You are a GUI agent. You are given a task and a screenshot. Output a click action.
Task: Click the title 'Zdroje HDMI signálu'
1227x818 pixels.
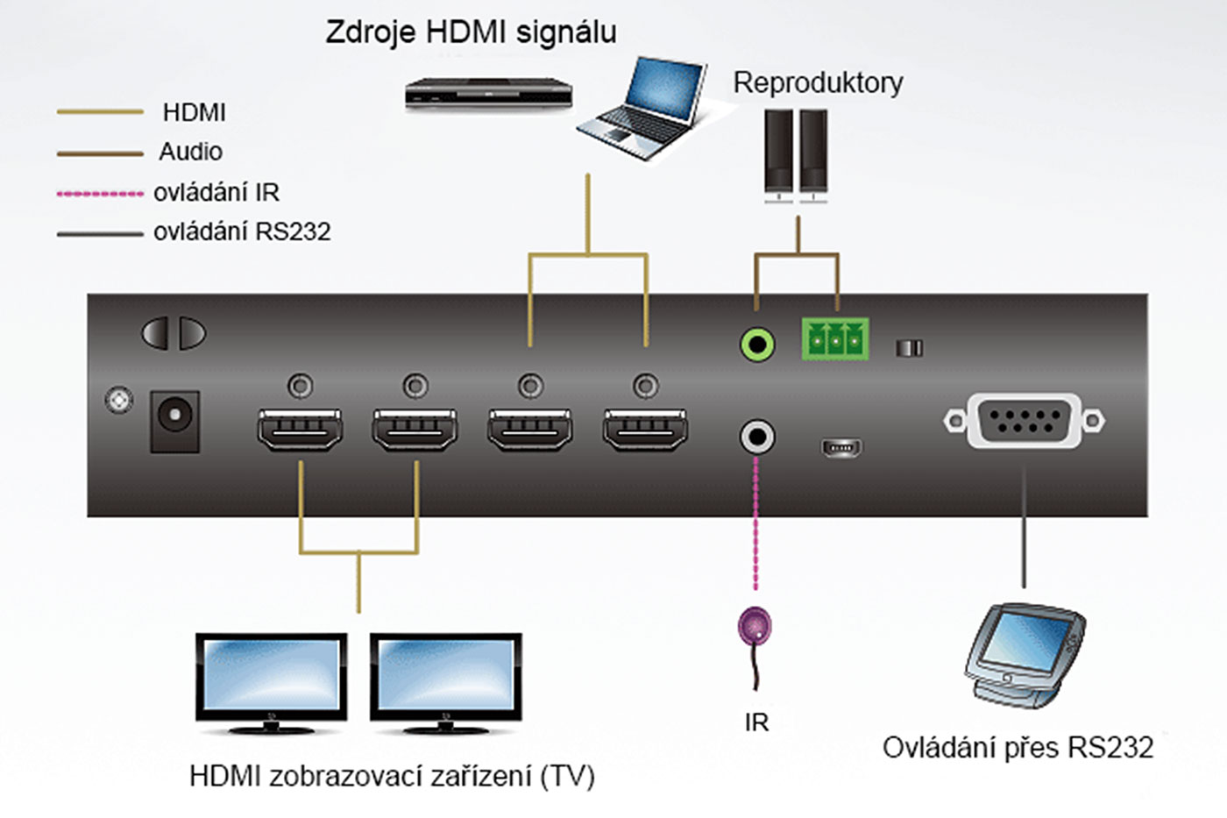[x=471, y=32]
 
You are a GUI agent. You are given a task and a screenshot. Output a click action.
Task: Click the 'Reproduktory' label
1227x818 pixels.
[x=818, y=82]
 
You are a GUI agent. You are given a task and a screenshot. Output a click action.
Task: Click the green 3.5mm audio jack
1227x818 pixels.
[x=757, y=344]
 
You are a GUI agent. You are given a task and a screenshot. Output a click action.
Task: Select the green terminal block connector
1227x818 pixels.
[x=834, y=338]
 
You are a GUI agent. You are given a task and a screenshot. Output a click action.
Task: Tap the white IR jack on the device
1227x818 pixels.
[x=757, y=437]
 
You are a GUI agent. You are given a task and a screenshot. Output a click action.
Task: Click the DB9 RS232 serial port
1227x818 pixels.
[x=1024, y=421]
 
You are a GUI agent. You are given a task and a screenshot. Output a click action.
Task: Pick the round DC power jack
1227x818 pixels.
[x=175, y=418]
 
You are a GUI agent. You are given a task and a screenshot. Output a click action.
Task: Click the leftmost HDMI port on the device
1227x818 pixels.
[x=300, y=429]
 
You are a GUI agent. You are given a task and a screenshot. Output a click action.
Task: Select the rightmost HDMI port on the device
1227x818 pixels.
[x=645, y=429]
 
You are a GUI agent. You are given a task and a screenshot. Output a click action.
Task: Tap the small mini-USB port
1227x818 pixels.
[x=841, y=448]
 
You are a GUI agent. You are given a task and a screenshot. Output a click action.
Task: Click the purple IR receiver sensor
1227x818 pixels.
[x=755, y=627]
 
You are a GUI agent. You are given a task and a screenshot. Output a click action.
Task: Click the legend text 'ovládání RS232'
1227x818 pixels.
[x=242, y=232]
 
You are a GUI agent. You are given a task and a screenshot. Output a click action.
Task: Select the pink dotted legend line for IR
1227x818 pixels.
[x=100, y=194]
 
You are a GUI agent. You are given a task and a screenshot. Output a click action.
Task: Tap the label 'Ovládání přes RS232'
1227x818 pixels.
[x=1018, y=748]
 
